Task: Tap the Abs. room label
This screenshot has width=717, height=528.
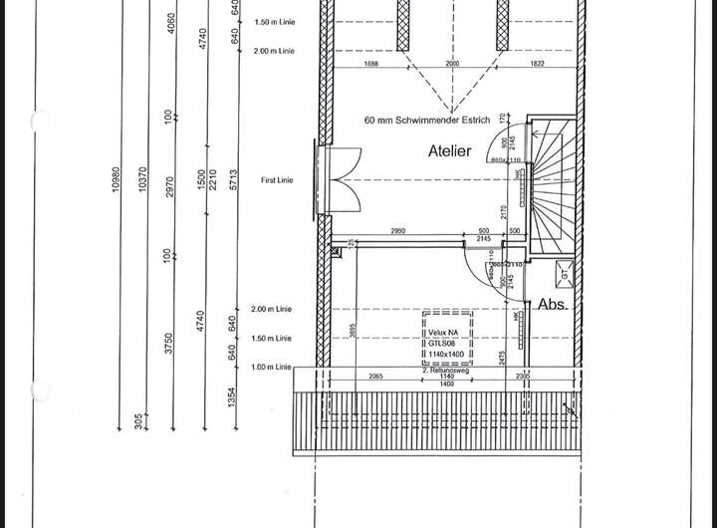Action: click(x=553, y=305)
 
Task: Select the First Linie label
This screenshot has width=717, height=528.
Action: click(x=280, y=180)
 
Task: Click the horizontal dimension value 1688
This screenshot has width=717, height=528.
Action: click(x=371, y=64)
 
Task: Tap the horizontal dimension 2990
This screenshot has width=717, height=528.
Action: click(x=397, y=231)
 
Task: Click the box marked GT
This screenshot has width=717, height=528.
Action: click(x=564, y=274)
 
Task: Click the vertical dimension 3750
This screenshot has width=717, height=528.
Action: click(x=170, y=343)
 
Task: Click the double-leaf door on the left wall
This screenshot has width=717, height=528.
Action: click(x=343, y=180)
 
